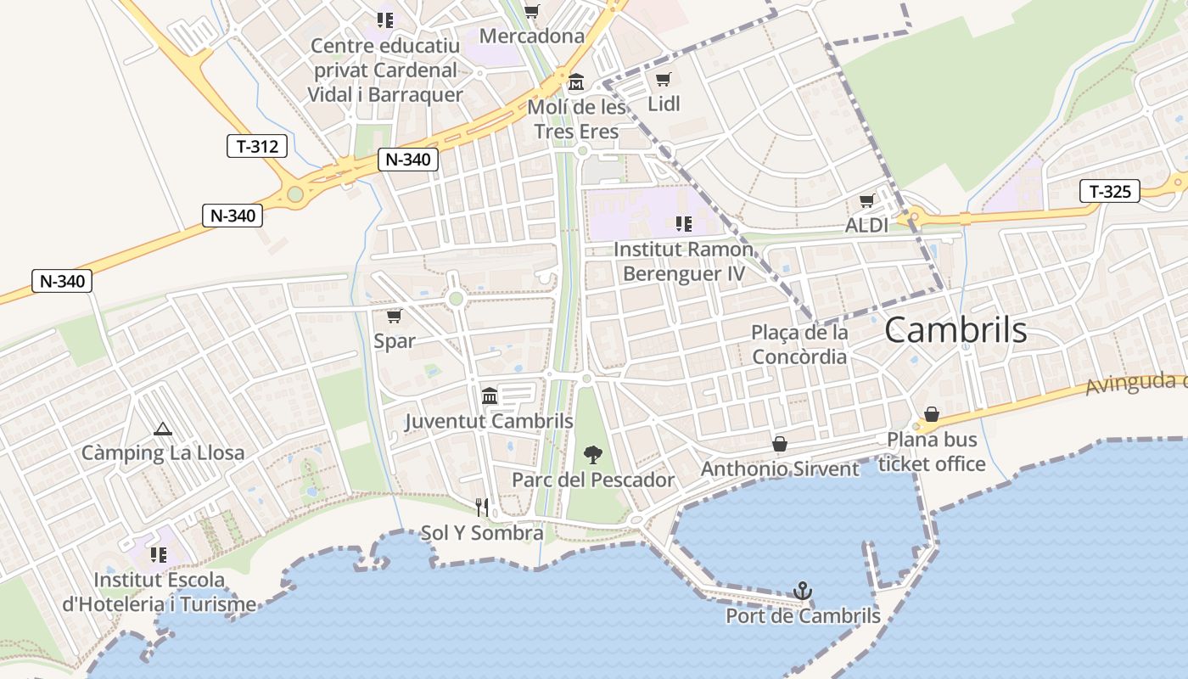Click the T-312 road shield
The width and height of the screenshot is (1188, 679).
[x=257, y=146]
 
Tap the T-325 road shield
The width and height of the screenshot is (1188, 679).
[x=1110, y=192]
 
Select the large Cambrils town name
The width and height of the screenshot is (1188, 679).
[x=955, y=331]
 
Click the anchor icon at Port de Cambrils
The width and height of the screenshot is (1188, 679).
[x=802, y=590]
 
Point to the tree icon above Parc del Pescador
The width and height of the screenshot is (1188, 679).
[x=593, y=455]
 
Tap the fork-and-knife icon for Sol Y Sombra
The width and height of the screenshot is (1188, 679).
[x=482, y=508]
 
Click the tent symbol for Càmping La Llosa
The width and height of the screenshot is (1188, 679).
[x=163, y=429]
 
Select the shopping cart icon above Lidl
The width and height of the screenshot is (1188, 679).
[x=664, y=80]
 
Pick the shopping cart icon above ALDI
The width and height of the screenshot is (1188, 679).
[x=866, y=201]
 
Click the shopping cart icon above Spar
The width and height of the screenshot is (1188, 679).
[x=394, y=317]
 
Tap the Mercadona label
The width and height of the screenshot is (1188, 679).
[x=532, y=36]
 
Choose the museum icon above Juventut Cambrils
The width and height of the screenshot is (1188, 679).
[x=490, y=396]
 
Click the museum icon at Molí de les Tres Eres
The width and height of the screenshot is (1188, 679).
[x=577, y=83]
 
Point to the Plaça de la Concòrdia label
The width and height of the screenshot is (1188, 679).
[x=799, y=344]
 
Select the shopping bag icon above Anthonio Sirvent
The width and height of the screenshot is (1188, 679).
[x=780, y=444]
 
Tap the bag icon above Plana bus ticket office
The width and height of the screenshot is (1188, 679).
[x=932, y=414]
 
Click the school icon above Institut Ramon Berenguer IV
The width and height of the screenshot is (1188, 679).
[x=683, y=224]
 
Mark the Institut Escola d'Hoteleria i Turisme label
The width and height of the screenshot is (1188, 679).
[x=160, y=592]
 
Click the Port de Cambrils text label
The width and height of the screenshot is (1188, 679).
[x=803, y=616]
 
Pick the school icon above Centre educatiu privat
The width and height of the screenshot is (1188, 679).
[x=385, y=20]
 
